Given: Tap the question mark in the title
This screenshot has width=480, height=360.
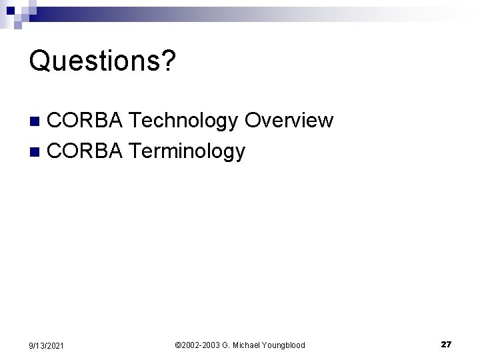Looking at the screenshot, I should [169, 61].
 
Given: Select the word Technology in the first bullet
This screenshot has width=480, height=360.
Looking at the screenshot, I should [183, 121].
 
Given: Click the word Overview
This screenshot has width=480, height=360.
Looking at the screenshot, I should [289, 121].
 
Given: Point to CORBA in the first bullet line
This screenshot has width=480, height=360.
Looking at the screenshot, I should [85, 121].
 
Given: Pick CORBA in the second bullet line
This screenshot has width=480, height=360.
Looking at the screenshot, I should [85, 151].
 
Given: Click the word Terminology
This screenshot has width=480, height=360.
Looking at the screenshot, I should [187, 152].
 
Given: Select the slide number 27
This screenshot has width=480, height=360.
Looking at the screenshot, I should [446, 344].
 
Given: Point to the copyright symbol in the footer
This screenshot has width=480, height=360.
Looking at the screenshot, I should [178, 345].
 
